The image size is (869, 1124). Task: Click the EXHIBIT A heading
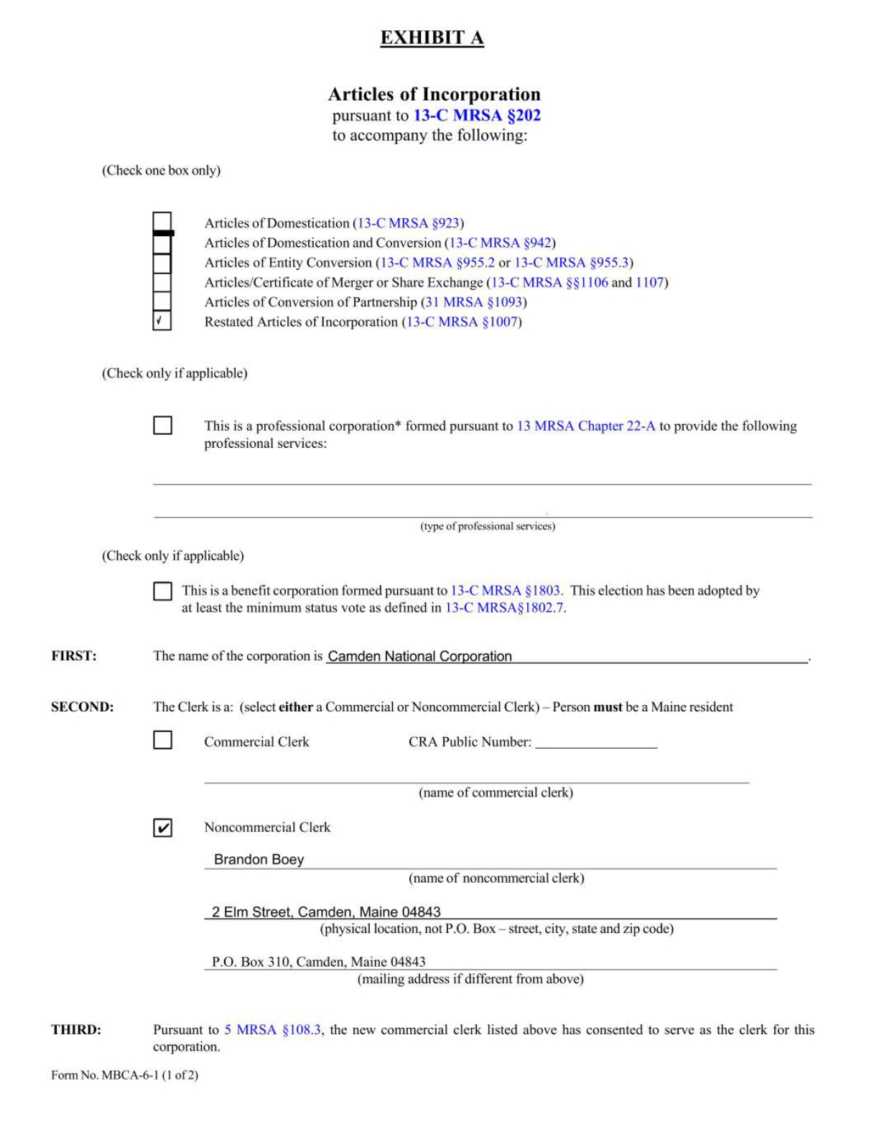click(432, 38)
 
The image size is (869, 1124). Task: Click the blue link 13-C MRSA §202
click(477, 116)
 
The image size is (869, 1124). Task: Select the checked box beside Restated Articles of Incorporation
click(162, 321)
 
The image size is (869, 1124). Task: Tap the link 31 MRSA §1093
click(473, 302)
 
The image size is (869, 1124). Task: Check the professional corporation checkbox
click(163, 426)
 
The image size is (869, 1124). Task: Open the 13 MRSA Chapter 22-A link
click(586, 426)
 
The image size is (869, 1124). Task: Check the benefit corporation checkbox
click(163, 591)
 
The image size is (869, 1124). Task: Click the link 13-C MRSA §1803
click(505, 591)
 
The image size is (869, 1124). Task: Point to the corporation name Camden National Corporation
click(420, 656)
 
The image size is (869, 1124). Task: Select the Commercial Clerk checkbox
click(163, 740)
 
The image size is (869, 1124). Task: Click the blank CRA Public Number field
click(596, 742)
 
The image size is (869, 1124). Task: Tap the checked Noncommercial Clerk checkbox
click(163, 828)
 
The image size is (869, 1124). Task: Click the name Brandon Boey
click(259, 859)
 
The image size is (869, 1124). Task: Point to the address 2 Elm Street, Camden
click(326, 912)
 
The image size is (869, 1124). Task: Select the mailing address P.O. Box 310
click(318, 962)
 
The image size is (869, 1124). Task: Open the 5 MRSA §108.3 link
click(273, 1030)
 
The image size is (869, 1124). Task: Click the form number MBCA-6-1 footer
click(124, 1075)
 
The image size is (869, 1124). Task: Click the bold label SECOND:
click(83, 707)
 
